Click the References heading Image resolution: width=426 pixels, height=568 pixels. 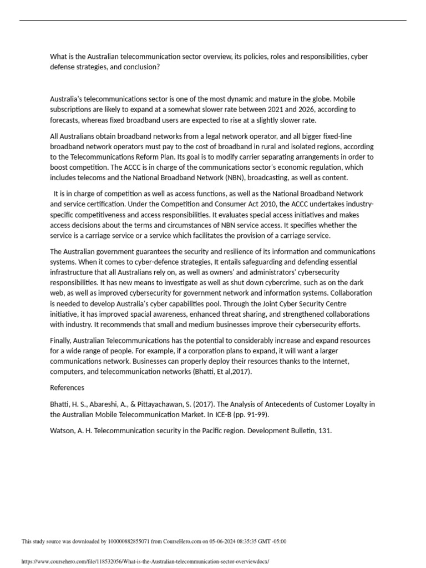click(x=67, y=387)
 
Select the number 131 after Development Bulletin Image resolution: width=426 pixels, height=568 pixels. click(x=324, y=430)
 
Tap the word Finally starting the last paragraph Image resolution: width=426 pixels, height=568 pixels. click(x=62, y=340)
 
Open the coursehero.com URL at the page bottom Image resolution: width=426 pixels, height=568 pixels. click(x=145, y=561)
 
